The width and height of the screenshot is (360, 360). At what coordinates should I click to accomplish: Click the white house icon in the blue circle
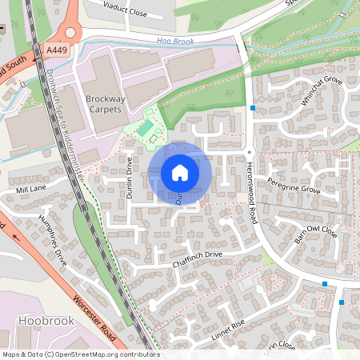[180, 173]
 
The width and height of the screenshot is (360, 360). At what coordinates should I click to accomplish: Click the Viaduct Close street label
[127, 9]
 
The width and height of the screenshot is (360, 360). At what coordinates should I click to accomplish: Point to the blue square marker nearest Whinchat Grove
[253, 108]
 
